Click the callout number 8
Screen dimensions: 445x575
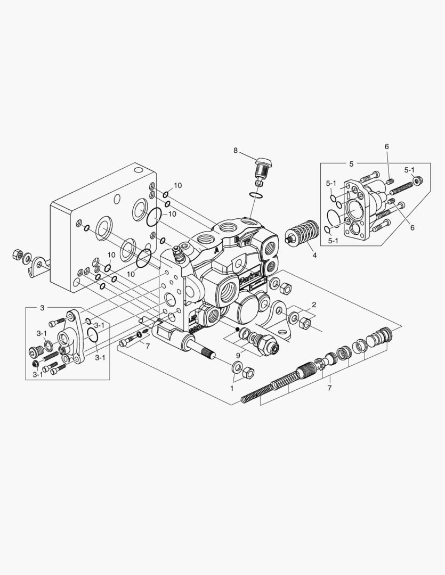pyautogui.click(x=236, y=150)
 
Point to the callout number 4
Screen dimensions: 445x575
pyautogui.click(x=314, y=254)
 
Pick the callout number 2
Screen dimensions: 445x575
pyautogui.click(x=314, y=305)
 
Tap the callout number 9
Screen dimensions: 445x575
pyautogui.click(x=238, y=355)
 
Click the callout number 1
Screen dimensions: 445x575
pyautogui.click(x=232, y=388)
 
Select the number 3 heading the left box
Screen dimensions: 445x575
pyautogui.click(x=42, y=308)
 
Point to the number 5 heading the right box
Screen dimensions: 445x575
pyautogui.click(x=351, y=164)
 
